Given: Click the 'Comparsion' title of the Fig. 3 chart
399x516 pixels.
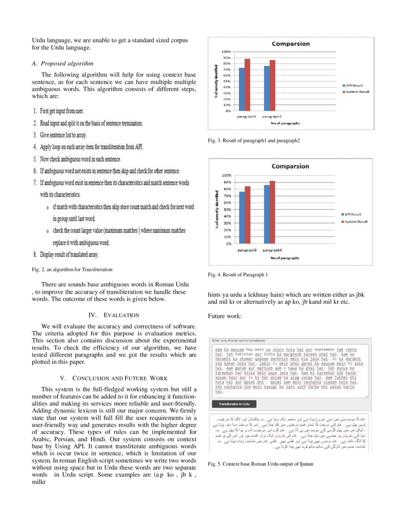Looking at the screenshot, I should (291, 44).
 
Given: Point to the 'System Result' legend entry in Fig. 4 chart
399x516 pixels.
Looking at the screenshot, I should (356, 221).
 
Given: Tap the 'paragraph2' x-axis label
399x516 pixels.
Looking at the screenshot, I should (272, 116).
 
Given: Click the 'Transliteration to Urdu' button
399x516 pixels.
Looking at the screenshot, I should (234, 404).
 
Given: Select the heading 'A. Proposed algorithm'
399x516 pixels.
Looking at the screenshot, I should (62, 63).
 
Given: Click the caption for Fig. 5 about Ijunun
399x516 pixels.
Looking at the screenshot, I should (260, 464).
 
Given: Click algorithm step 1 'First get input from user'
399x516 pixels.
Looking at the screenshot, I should (59, 111).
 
